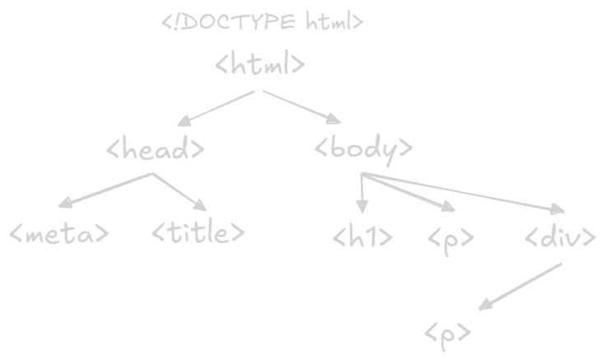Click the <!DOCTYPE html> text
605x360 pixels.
(262, 22)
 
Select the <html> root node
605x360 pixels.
(260, 64)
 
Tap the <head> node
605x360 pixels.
(156, 149)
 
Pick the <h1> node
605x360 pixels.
(362, 238)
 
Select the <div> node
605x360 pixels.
(560, 238)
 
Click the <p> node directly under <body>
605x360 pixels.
(451, 240)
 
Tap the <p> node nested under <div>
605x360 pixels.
(449, 332)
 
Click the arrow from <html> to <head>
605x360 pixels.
(215, 108)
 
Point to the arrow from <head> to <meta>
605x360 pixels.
(106, 190)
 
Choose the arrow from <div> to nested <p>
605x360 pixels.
(520, 287)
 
